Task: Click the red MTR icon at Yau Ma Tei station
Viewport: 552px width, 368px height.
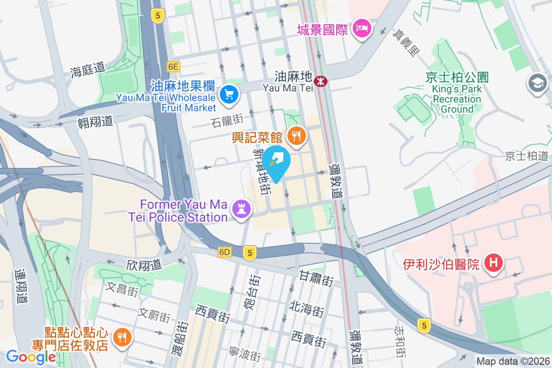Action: click(320, 81)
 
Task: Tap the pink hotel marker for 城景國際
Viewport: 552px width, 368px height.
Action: click(362, 29)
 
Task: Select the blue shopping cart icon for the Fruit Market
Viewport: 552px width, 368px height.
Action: click(229, 95)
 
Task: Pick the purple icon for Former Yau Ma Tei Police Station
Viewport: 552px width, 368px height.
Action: click(241, 208)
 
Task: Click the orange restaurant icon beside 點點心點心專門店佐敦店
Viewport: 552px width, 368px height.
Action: click(122, 338)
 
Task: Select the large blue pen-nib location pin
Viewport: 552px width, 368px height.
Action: click(276, 161)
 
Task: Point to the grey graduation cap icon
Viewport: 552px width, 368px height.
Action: click(537, 83)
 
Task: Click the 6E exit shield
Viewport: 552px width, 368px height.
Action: click(173, 67)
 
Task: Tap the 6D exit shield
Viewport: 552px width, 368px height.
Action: click(224, 252)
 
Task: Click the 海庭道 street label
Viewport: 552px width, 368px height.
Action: click(88, 69)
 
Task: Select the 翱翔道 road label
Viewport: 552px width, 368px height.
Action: click(95, 121)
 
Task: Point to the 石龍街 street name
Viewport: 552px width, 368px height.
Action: click(227, 121)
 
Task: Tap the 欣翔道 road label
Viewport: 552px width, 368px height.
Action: click(144, 264)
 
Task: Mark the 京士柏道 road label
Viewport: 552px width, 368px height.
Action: click(527, 155)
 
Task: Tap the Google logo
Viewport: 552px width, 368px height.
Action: click(31, 357)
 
